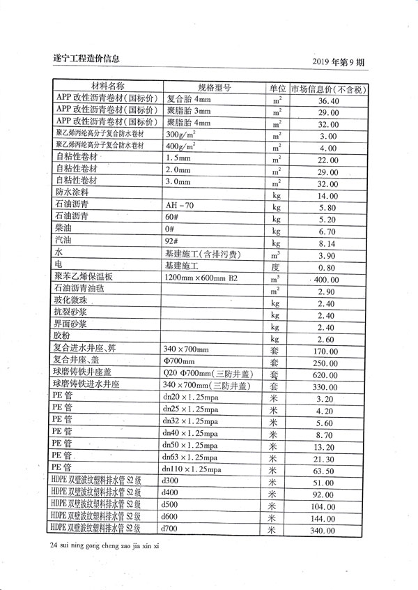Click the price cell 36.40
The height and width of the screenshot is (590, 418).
click(328, 101)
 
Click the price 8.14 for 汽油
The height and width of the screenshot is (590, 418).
click(327, 243)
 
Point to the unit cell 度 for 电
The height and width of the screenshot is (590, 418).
click(274, 266)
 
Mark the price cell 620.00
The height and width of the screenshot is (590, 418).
click(327, 375)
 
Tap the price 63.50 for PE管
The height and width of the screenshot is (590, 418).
click(327, 470)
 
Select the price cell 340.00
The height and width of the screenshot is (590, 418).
click(327, 531)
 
